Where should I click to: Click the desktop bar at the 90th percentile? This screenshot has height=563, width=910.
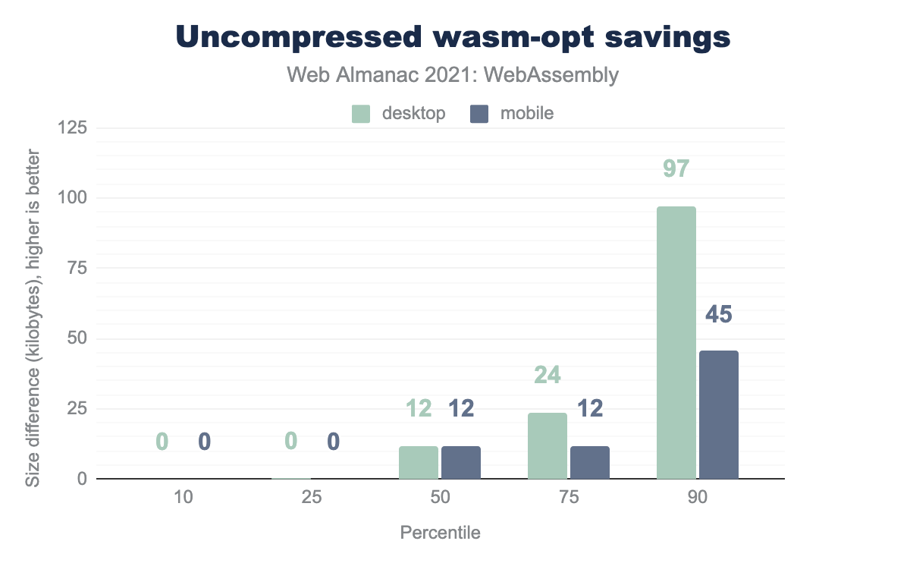pyautogui.click(x=676, y=343)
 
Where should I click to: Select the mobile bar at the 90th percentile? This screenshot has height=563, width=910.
pyautogui.click(x=718, y=415)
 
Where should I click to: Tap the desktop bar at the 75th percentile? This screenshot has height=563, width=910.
pyautogui.click(x=547, y=446)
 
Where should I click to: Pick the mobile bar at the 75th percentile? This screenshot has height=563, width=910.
pyautogui.click(x=589, y=463)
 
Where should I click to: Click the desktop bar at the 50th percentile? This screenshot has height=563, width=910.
pyautogui.click(x=418, y=463)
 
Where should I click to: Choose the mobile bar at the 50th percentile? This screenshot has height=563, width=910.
pyautogui.click(x=460, y=463)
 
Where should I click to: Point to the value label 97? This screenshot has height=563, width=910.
pyautogui.click(x=676, y=168)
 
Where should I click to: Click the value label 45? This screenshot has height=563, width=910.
pyautogui.click(x=718, y=315)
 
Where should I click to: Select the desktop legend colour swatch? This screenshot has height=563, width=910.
pyautogui.click(x=361, y=114)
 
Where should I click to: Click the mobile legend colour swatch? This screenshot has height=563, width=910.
pyautogui.click(x=480, y=114)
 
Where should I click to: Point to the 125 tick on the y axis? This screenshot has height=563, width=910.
pyautogui.click(x=71, y=127)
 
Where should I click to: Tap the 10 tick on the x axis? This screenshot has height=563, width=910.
pyautogui.click(x=183, y=499)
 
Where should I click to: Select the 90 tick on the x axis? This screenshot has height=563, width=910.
pyautogui.click(x=698, y=499)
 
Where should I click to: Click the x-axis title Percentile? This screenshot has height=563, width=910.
pyautogui.click(x=440, y=533)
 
